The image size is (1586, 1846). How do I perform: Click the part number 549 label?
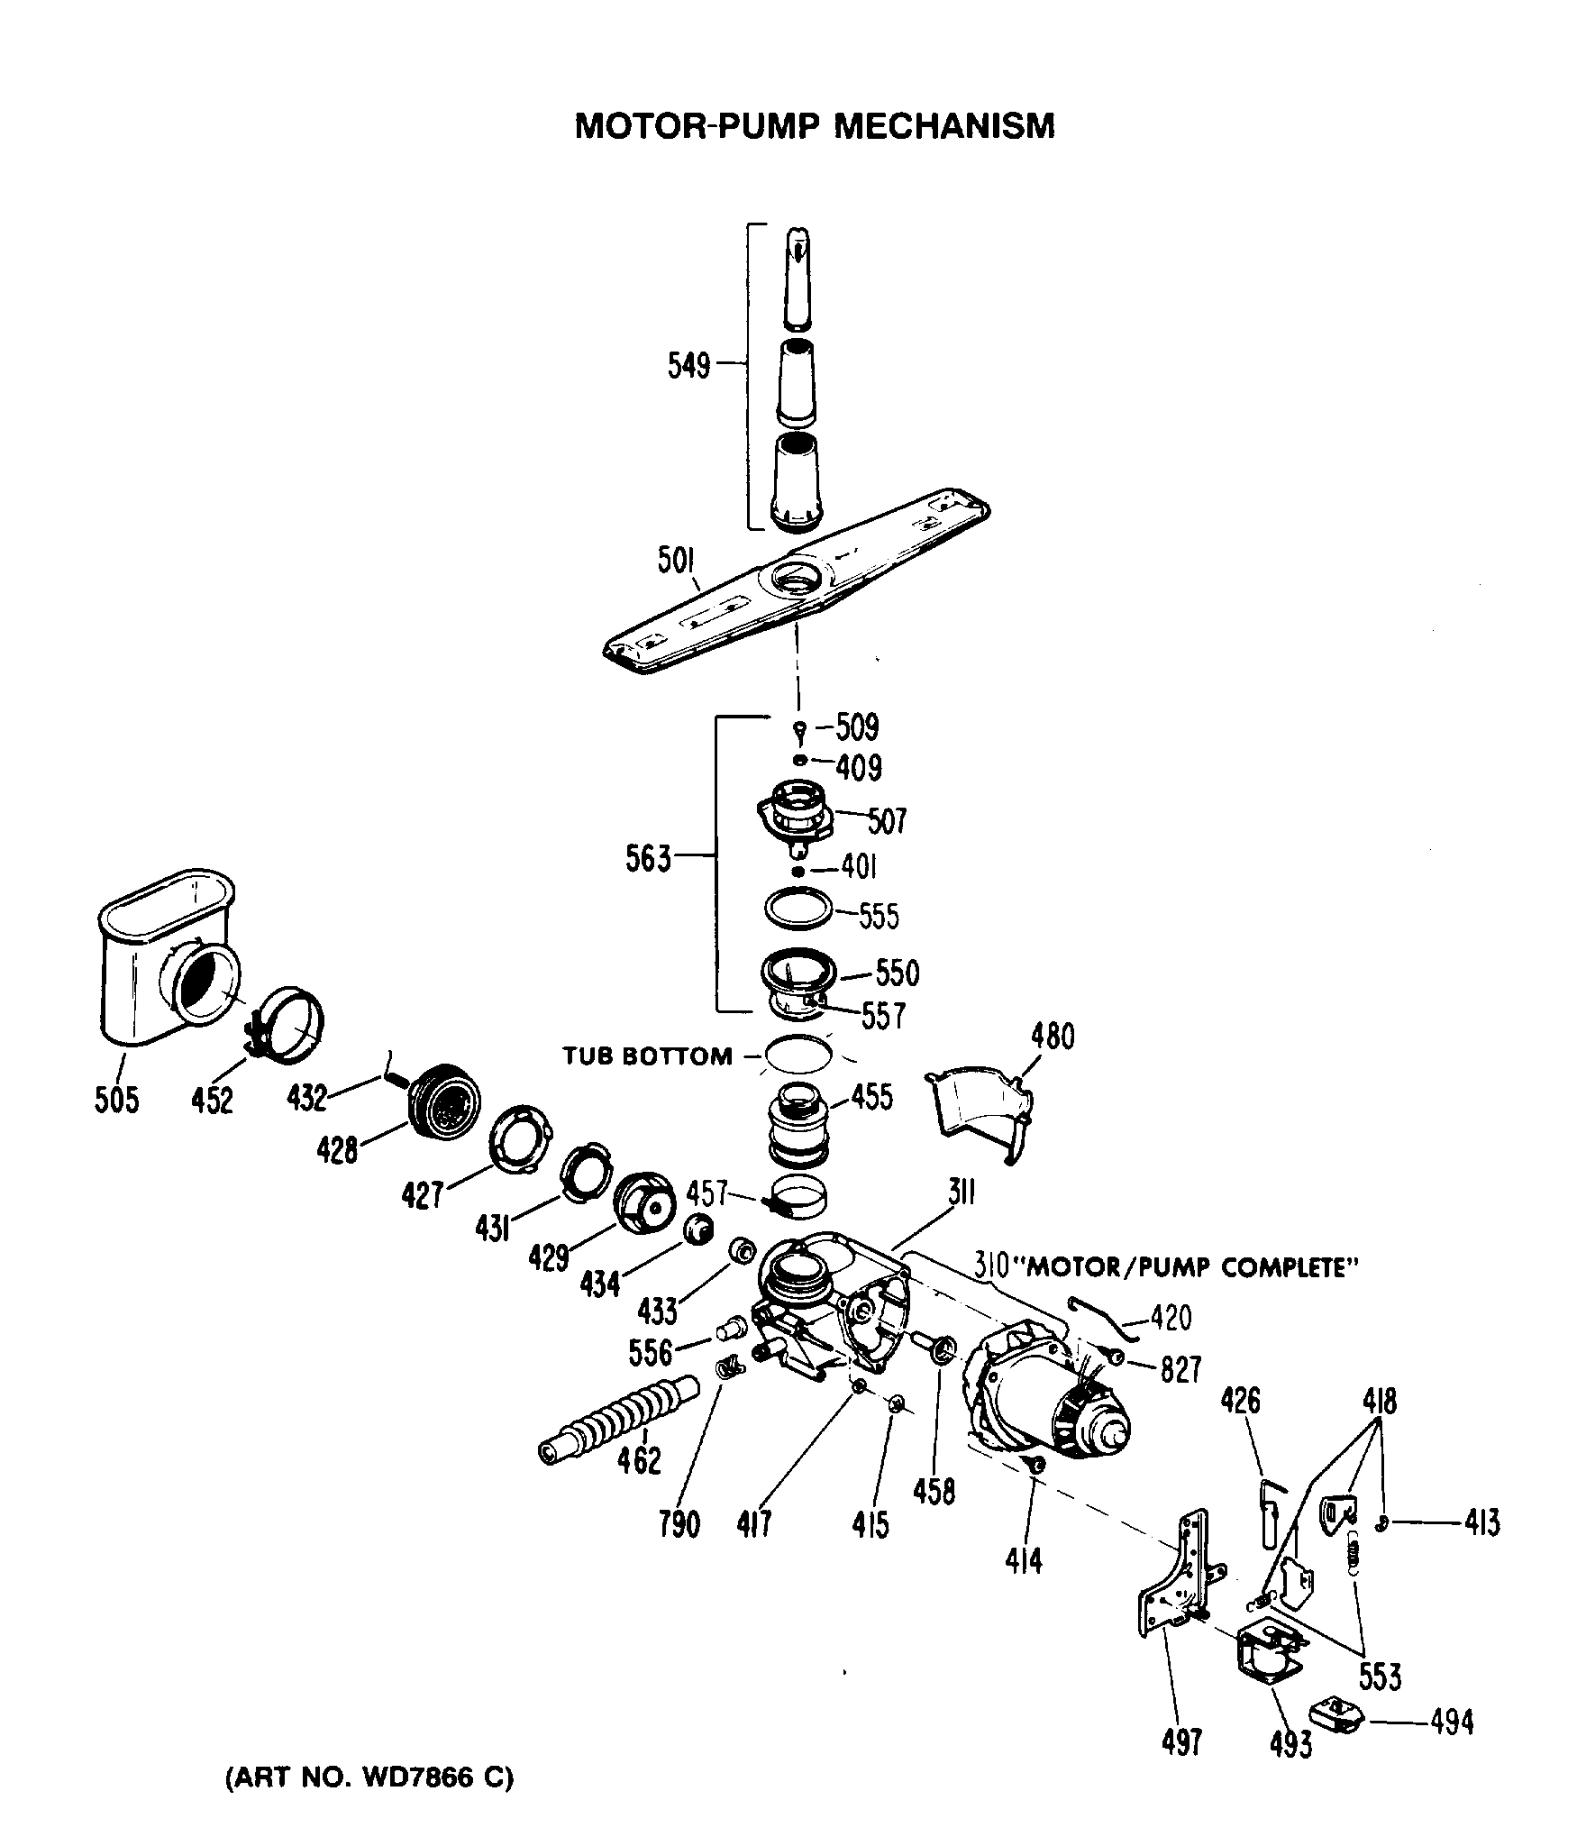[688, 367]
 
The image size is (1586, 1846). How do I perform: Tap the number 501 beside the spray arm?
[676, 562]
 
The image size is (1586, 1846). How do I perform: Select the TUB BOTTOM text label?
[648, 1056]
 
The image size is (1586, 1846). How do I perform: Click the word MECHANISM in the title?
[943, 126]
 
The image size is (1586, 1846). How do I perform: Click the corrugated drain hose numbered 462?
[622, 1430]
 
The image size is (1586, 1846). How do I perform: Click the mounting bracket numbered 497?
[1176, 1579]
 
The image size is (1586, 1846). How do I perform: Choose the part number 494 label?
[1451, 1723]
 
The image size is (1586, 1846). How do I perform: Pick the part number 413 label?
[1481, 1523]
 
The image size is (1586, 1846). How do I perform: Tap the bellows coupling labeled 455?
[797, 1127]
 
